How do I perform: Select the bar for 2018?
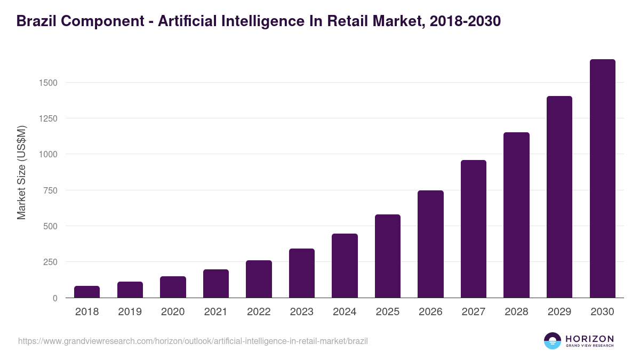pyautogui.click(x=87, y=292)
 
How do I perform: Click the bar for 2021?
pyautogui.click(x=216, y=284)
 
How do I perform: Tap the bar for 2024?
pyautogui.click(x=345, y=266)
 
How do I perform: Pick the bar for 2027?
pyautogui.click(x=474, y=229)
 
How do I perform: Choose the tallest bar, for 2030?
pyautogui.click(x=602, y=179)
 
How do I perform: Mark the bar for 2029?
pyautogui.click(x=559, y=197)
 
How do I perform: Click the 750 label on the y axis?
pyautogui.click(x=50, y=190)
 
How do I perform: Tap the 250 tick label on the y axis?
pyautogui.click(x=50, y=262)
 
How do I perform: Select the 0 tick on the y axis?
pyautogui.click(x=55, y=298)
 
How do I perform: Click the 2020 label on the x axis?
pyautogui.click(x=173, y=312)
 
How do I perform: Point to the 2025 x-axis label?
pyautogui.click(x=387, y=312)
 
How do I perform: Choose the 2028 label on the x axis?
pyautogui.click(x=516, y=312)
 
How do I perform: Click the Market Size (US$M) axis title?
pyautogui.click(x=21, y=172)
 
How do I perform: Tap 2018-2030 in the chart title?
pyautogui.click(x=465, y=21)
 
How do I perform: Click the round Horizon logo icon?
pyautogui.click(x=553, y=341)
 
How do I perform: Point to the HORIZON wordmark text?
pyautogui.click(x=589, y=339)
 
